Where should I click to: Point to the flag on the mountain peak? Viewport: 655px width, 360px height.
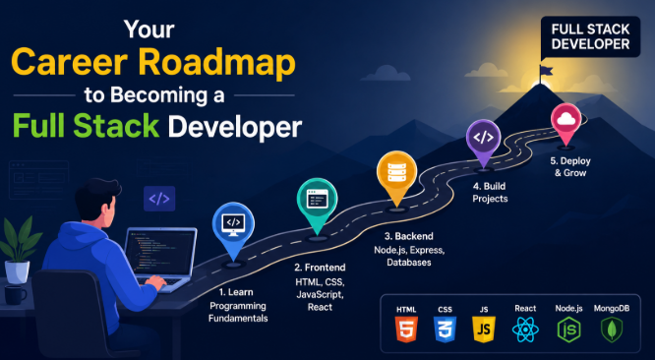click(545, 72)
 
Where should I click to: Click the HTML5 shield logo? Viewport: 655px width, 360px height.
click(406, 330)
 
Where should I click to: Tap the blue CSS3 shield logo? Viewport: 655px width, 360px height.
click(445, 330)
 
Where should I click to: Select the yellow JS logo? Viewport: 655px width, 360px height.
click(484, 330)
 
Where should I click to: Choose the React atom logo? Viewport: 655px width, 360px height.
click(525, 330)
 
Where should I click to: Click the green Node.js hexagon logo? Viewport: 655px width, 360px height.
click(568, 330)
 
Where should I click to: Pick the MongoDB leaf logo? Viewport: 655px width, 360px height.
click(612, 330)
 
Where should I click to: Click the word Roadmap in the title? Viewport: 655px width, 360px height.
click(217, 62)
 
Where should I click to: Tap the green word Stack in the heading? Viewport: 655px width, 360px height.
click(116, 125)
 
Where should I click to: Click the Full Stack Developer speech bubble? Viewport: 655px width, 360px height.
click(590, 37)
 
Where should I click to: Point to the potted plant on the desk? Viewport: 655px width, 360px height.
click(18, 250)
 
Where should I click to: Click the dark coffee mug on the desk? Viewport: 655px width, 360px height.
click(15, 295)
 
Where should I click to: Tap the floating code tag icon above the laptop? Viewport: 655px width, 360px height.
click(159, 199)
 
